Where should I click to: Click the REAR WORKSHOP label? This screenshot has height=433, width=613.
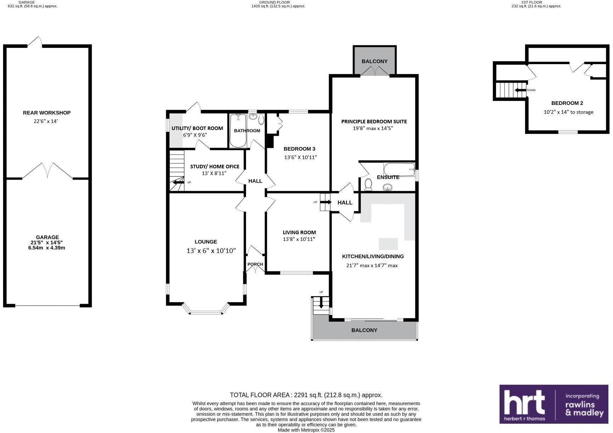(x=47, y=113)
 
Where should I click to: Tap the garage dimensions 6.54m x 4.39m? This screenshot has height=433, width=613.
(x=47, y=248)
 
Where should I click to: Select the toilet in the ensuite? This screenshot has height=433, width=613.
(x=368, y=184)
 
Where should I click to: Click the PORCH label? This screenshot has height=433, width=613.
(x=255, y=264)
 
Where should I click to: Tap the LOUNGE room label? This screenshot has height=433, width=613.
(x=206, y=242)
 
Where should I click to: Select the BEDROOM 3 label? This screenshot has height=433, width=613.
(x=299, y=149)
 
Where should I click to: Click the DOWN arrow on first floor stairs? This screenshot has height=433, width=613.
(x=520, y=90)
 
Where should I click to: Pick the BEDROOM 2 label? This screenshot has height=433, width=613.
(x=567, y=103)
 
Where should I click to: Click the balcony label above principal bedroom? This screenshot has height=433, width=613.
(x=374, y=61)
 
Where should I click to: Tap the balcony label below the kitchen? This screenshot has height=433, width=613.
(x=364, y=330)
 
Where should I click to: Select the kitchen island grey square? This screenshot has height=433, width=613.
(x=388, y=244)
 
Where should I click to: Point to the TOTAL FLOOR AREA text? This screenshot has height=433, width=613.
(x=306, y=395)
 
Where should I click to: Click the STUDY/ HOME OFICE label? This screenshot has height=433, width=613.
(x=214, y=167)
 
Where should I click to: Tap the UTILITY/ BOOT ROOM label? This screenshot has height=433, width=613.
(x=197, y=128)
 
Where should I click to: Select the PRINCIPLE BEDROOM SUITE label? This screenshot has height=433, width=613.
(x=374, y=122)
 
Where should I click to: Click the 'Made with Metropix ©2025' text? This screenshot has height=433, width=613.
(x=306, y=430)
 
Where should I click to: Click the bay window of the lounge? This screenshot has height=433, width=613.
(x=206, y=312)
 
